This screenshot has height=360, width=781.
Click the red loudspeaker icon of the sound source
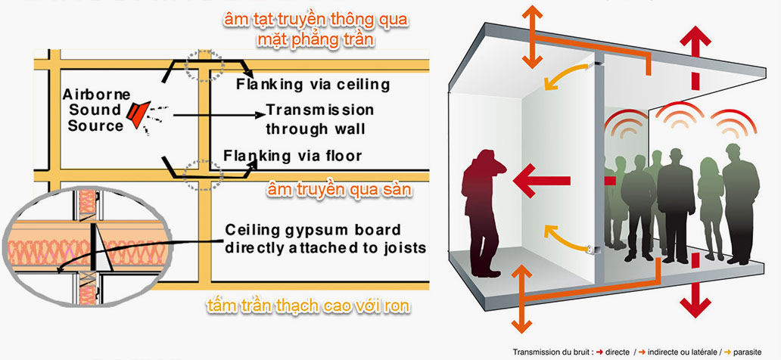138,116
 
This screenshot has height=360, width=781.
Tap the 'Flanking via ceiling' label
313,84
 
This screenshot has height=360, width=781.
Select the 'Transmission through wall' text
319,119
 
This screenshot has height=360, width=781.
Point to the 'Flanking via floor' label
292,156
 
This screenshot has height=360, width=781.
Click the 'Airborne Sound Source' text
95,110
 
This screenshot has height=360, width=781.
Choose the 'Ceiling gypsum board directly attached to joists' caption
325,239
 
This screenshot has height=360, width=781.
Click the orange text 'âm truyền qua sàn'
340,190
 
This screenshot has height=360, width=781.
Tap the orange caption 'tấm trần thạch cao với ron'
309,306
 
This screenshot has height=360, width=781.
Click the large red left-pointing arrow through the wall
542,180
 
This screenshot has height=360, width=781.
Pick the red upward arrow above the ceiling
695,45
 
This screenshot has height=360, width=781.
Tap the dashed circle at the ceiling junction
205,66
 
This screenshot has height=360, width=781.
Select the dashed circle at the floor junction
203,175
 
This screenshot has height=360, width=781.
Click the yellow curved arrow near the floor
565,238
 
